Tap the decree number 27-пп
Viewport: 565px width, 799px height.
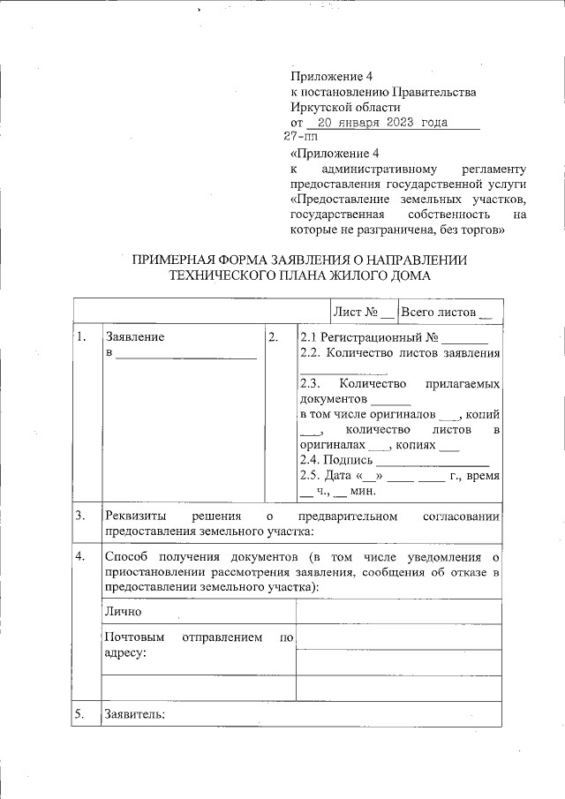[300, 137]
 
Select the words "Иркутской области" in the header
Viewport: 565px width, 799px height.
[334, 107]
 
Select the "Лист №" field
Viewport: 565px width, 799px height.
[362, 312]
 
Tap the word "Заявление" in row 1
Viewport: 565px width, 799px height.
[134, 336]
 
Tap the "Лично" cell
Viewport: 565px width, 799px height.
[123, 611]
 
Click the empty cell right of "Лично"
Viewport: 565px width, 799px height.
[398, 611]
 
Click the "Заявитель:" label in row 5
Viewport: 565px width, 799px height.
[134, 713]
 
